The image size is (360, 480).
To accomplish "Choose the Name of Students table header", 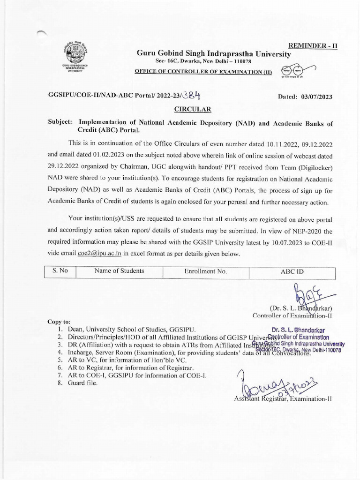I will click(119, 271).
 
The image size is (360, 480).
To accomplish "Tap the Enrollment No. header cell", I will click(205, 271).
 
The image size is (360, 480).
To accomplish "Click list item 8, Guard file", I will click(82, 382).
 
